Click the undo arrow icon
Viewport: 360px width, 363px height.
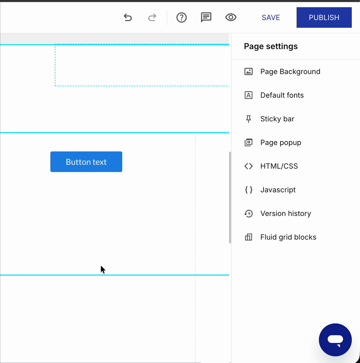tap(128, 17)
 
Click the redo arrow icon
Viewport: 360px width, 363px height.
tap(152, 17)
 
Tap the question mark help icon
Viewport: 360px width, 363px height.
tap(181, 17)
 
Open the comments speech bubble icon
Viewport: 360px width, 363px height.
tap(206, 17)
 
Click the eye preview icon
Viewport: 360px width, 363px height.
tap(231, 17)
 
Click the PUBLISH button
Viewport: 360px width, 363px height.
tap(324, 17)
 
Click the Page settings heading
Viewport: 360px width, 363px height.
tap(271, 46)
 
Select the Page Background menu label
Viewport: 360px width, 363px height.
tap(290, 71)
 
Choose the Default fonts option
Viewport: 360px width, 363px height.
tap(282, 95)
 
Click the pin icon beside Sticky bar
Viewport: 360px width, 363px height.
tap(248, 119)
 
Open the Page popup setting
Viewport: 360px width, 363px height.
tap(281, 143)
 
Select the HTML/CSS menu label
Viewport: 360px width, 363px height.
tap(279, 166)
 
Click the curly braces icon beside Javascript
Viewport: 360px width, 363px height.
tap(248, 190)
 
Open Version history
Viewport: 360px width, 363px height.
tap(286, 213)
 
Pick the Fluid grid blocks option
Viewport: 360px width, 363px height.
tap(288, 237)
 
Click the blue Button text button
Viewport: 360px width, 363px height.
tap(86, 162)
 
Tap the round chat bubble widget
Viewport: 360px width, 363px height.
tap(335, 340)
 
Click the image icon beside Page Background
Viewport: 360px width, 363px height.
tap(248, 71)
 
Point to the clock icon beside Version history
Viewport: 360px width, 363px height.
tap(248, 213)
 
